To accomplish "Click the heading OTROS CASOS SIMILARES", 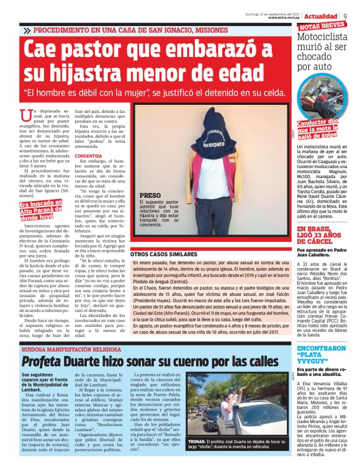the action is tap(169, 254).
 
